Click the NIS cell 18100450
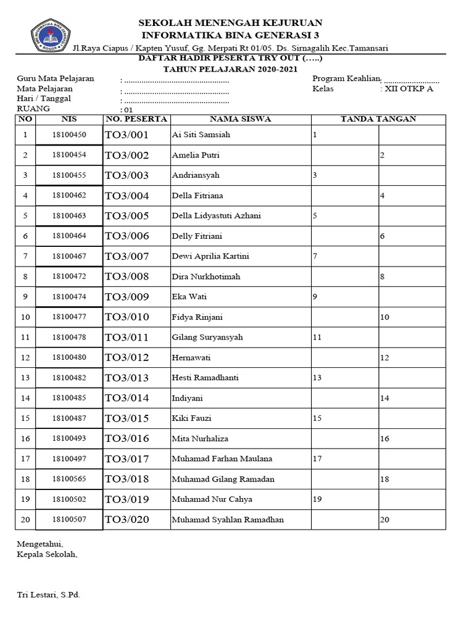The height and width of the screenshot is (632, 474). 69,135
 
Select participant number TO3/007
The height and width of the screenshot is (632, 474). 127,256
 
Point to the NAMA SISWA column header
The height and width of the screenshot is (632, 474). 240,119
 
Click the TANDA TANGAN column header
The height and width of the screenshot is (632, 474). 378,119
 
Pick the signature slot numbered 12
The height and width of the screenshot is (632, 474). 385,358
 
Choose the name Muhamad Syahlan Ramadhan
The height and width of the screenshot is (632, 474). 228,520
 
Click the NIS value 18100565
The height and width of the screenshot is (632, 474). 69,479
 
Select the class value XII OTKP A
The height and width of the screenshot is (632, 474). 409,89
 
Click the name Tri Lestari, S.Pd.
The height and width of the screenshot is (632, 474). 48,595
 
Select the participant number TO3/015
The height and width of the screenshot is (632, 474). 127,418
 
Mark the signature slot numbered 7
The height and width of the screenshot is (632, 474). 315,256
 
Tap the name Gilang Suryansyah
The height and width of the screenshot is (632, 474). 207,338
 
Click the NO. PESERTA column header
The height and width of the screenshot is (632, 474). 136,119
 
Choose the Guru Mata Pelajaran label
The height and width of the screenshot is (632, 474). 55,78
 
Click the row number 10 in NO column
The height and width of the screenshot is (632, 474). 25,317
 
